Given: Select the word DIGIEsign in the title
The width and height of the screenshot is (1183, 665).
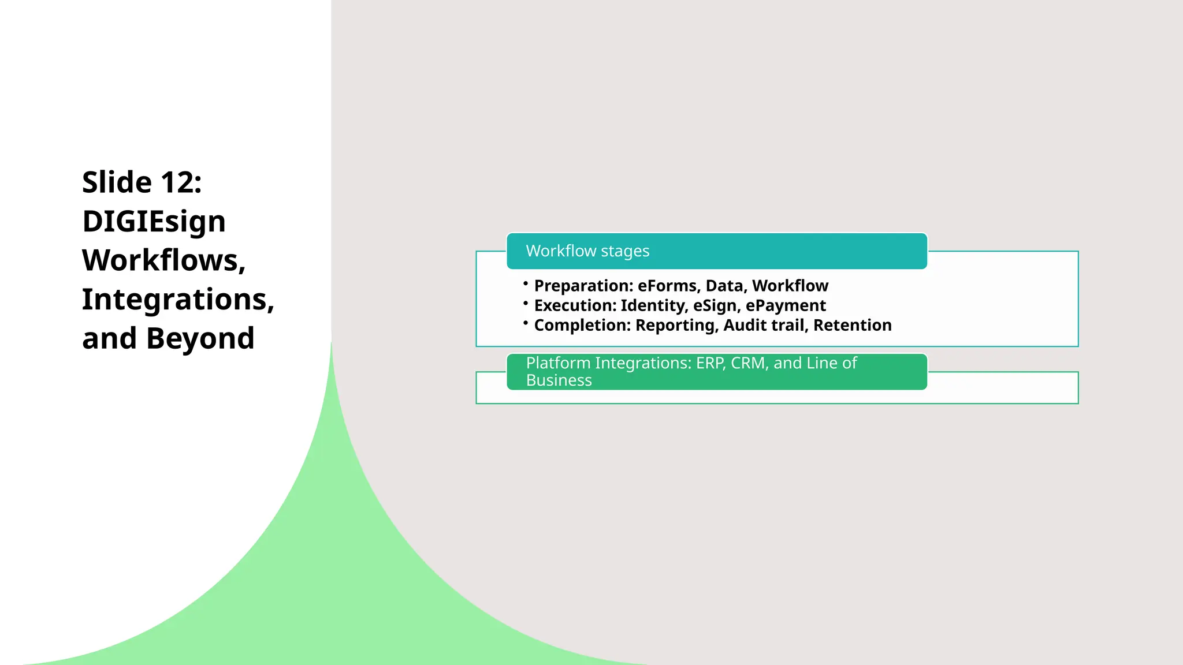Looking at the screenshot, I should (x=154, y=222).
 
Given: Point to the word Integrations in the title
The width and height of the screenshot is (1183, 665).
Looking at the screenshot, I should (x=177, y=300).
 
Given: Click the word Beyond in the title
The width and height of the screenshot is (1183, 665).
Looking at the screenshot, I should (x=200, y=338).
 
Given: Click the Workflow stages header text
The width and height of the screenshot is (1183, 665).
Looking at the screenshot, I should (x=587, y=251).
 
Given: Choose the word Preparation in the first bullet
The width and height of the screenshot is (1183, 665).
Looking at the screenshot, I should (x=582, y=286).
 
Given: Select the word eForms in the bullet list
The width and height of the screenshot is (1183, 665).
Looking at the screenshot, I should (x=668, y=286).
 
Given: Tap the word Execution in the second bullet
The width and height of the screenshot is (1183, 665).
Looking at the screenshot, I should (x=574, y=306).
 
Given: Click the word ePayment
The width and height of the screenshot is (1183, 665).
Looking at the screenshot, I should (x=786, y=306).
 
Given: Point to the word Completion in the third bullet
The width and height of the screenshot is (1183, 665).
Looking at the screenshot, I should (x=581, y=326).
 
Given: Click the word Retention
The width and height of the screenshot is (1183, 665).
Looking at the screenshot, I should (x=853, y=326).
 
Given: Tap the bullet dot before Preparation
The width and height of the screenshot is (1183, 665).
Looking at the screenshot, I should (x=526, y=283).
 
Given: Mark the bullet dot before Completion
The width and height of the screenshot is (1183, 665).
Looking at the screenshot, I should (x=526, y=323).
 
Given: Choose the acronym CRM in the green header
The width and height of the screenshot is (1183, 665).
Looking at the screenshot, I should (x=747, y=363).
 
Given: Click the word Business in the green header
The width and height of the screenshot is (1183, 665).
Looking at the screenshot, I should (x=559, y=380).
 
